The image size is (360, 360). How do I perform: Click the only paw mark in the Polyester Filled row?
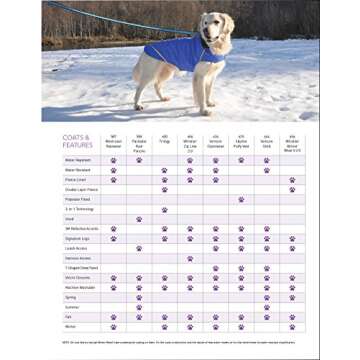point(241,199)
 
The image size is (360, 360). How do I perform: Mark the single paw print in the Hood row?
point(139,218)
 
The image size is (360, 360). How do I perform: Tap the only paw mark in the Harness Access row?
point(190,257)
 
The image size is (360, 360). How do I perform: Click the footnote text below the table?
point(180,341)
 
